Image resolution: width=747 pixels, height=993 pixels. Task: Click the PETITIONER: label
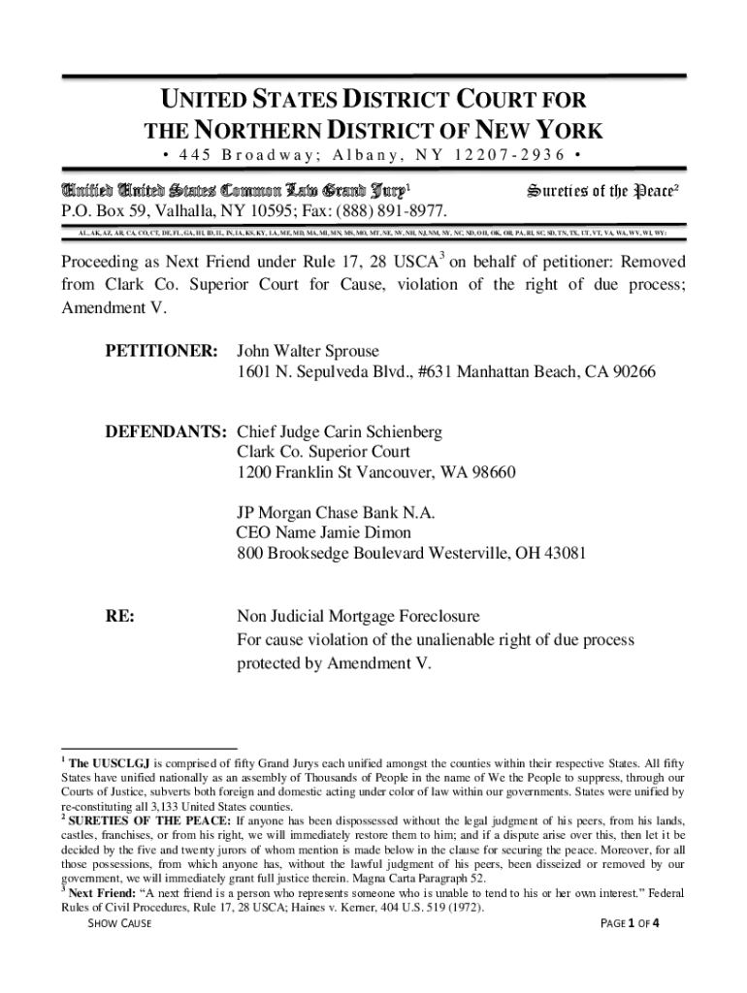pos(161,351)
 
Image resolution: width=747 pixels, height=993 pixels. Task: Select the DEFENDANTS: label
pos(166,431)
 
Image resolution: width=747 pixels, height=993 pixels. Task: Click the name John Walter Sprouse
pos(309,351)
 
